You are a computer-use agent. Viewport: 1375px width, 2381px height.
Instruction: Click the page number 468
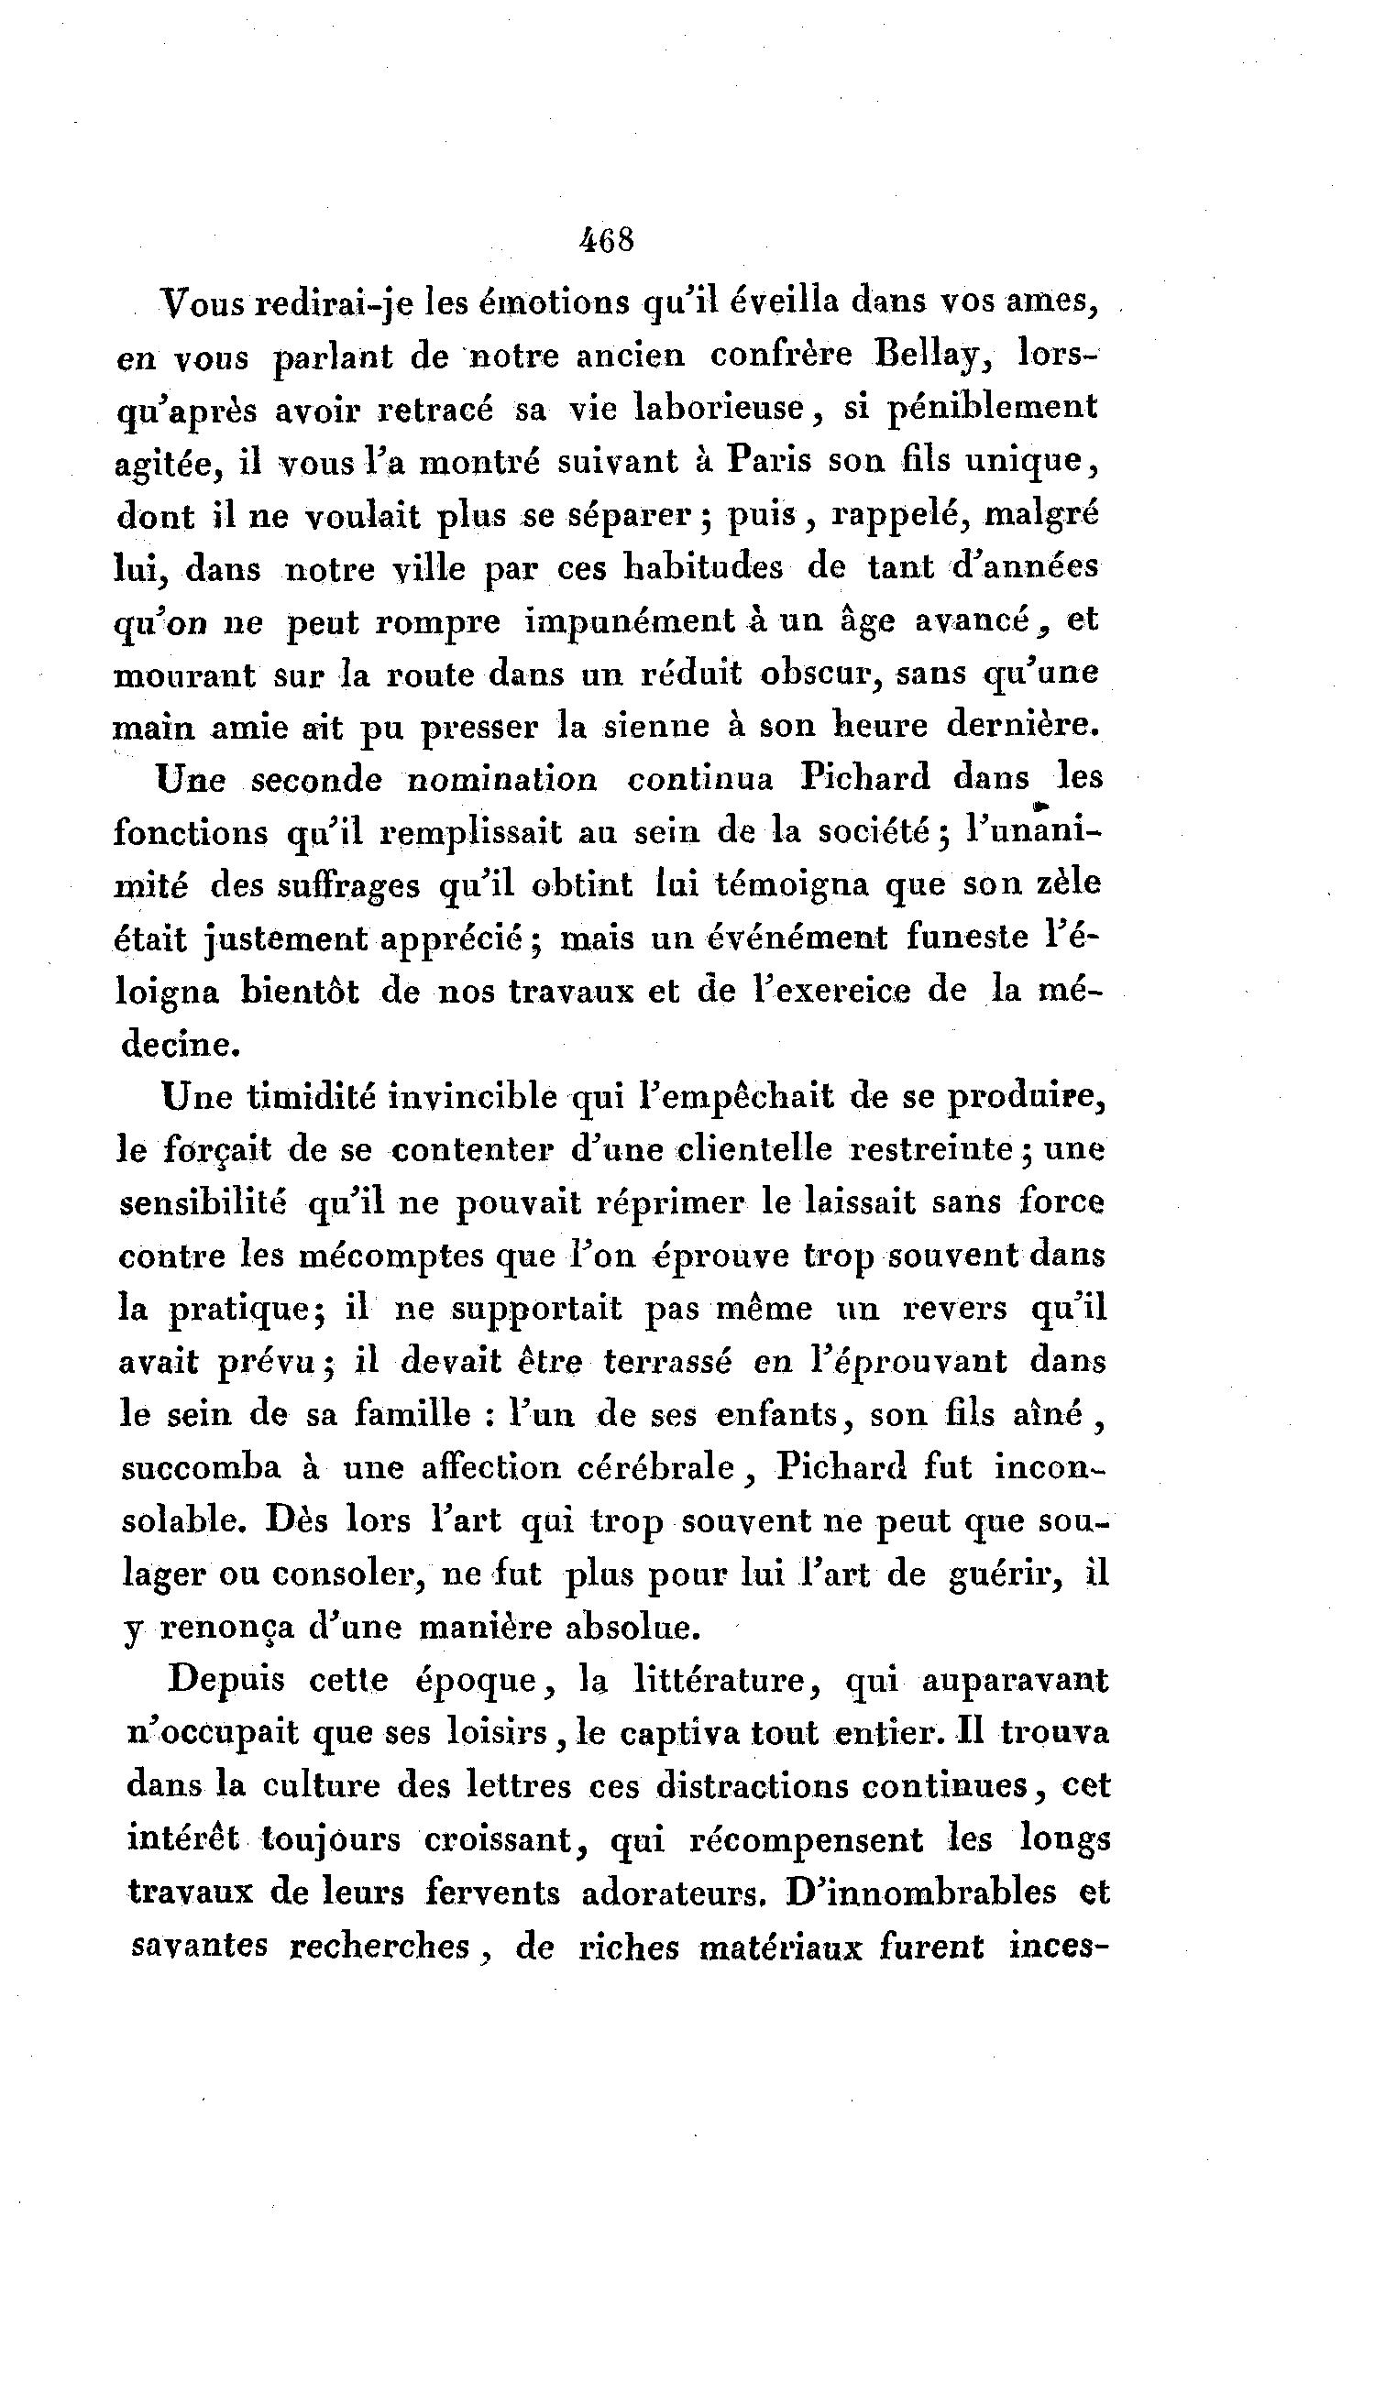(x=607, y=241)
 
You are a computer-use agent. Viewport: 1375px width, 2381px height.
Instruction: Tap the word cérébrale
(x=657, y=1468)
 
